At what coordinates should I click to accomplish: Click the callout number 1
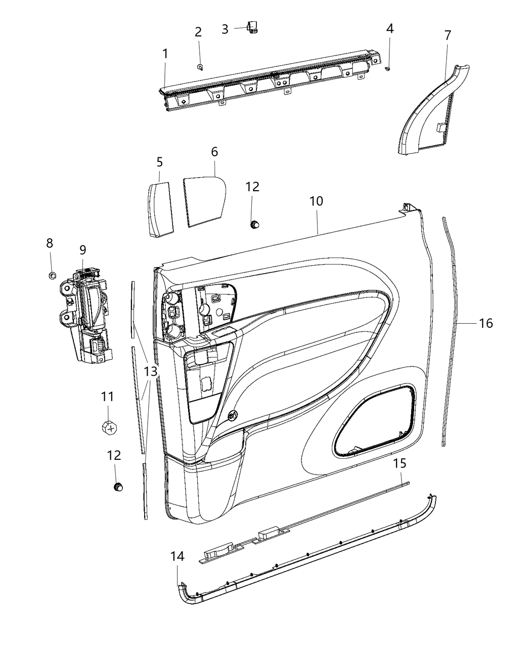(x=165, y=53)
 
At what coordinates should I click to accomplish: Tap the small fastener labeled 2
(x=200, y=67)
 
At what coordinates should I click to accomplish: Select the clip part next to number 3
(x=252, y=29)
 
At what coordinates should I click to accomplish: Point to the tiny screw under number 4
(x=388, y=68)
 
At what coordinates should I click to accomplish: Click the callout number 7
(x=447, y=35)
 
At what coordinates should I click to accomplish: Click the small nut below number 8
(x=52, y=275)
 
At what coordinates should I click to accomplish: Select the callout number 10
(x=317, y=201)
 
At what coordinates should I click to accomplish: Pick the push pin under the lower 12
(x=118, y=487)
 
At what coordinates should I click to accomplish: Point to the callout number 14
(x=177, y=556)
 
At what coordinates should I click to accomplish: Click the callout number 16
(x=485, y=323)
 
